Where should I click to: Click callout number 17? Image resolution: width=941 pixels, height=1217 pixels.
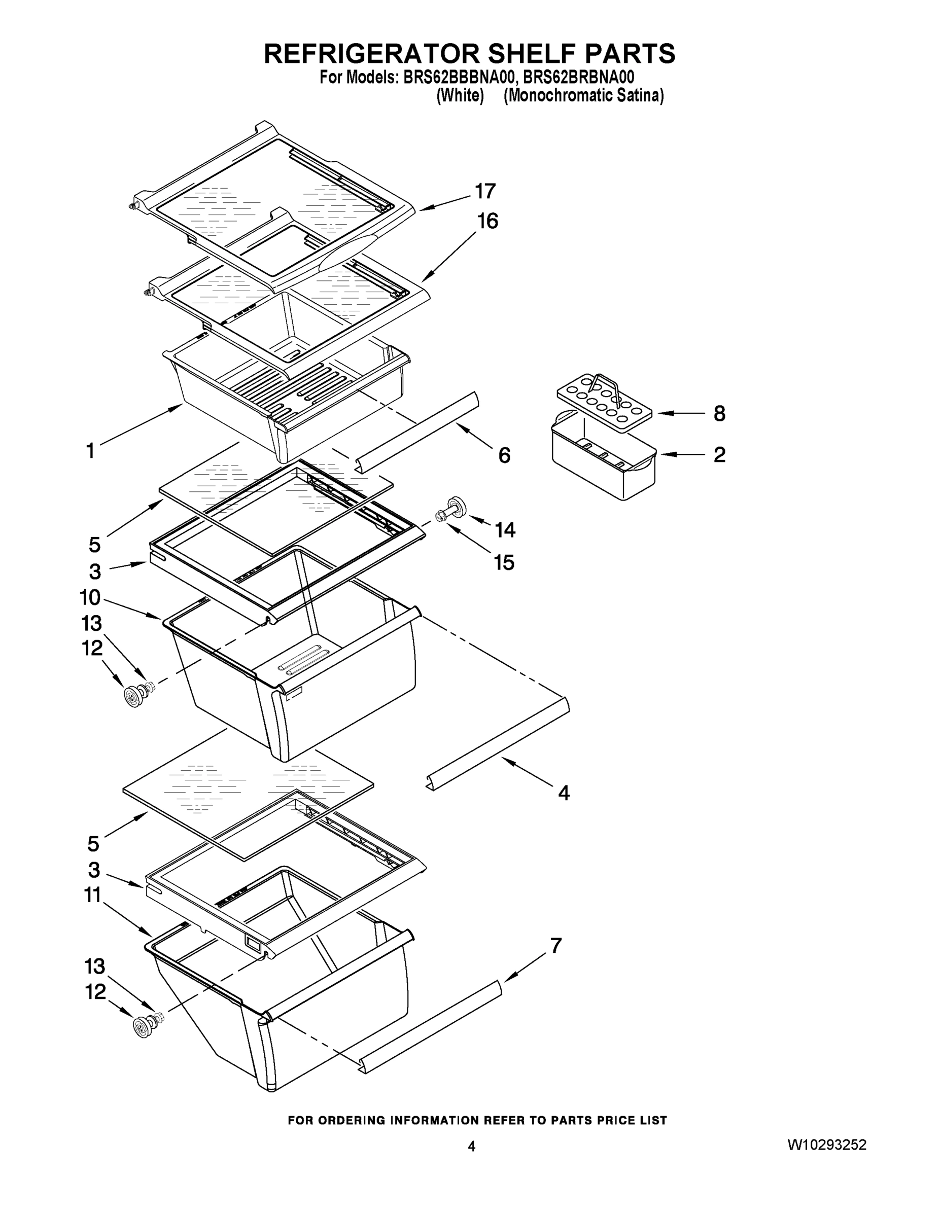click(485, 191)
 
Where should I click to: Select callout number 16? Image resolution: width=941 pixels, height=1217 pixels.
click(487, 221)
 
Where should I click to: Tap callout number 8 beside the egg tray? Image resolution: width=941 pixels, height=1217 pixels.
click(719, 413)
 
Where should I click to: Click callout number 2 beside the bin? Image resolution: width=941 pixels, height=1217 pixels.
click(719, 455)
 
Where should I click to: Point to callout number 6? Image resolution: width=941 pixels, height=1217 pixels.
click(504, 455)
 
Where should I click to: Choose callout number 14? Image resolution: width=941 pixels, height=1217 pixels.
click(505, 529)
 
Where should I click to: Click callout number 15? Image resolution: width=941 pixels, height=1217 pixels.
click(503, 563)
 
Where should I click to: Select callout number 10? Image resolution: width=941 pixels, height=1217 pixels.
click(90, 598)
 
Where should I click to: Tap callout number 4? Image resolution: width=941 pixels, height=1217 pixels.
click(564, 793)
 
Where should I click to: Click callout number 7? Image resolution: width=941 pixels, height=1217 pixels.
click(556, 946)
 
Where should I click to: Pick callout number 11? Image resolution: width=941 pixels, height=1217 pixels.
click(92, 896)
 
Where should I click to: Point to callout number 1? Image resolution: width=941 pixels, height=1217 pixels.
click(90, 450)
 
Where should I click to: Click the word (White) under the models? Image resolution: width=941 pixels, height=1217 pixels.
click(460, 95)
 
